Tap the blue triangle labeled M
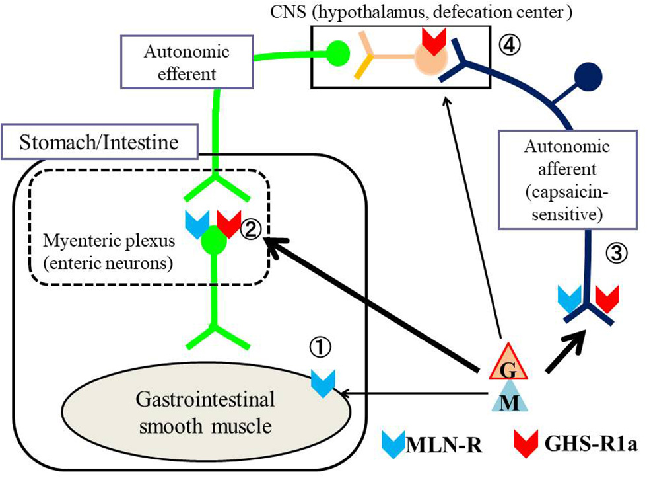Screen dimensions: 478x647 coord(509,400)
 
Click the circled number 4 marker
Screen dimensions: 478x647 coord(510,44)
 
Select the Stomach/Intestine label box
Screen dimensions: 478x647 coord(100,141)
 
